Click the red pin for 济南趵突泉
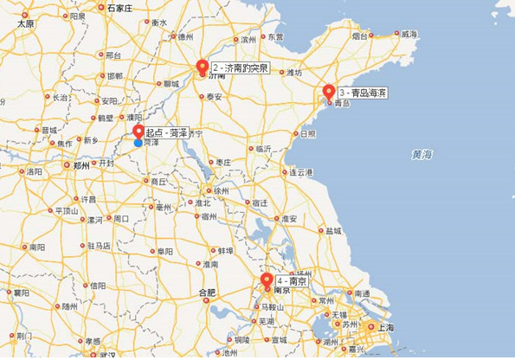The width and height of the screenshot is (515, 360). click(x=203, y=67)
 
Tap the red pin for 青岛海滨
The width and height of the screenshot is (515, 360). click(x=329, y=92)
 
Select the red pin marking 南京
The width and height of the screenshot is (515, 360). click(x=267, y=280)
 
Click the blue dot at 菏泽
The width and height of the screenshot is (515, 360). click(x=138, y=143)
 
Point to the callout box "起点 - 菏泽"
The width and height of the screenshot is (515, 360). click(x=167, y=133)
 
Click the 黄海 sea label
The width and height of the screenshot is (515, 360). click(x=422, y=155)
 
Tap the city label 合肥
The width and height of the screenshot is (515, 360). click(x=206, y=292)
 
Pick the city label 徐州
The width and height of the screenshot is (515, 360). click(x=222, y=190)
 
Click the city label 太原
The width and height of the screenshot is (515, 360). click(x=25, y=24)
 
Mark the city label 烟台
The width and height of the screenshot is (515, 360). click(x=361, y=35)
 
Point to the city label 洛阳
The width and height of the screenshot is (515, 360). click(x=34, y=171)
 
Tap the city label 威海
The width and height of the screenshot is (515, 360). click(x=409, y=34)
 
